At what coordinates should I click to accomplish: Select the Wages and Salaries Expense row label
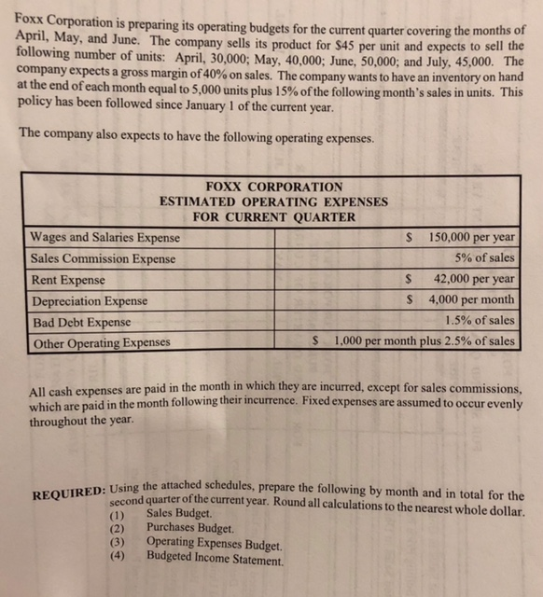(x=104, y=238)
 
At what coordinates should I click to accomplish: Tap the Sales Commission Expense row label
(x=103, y=258)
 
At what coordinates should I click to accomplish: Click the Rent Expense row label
(x=68, y=280)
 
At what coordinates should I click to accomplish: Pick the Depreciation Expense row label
(x=90, y=301)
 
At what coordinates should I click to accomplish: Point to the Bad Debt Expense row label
(x=81, y=322)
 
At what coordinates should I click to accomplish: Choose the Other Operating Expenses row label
(x=101, y=342)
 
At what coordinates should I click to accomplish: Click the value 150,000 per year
(x=471, y=238)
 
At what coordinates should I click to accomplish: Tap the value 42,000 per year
(x=474, y=279)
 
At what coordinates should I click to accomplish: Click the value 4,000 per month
(x=471, y=300)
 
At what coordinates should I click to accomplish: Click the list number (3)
(x=117, y=542)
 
